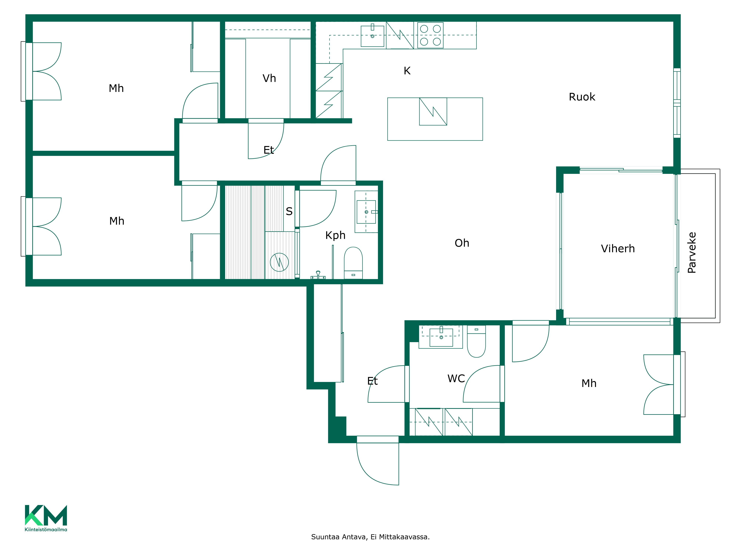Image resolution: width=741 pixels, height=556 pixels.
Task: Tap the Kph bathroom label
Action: pos(335,235)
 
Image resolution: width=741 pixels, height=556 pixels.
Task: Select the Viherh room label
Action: pos(618,249)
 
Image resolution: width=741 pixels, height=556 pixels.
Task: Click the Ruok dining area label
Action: pos(582,97)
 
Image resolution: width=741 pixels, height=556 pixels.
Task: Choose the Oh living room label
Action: pos(462,243)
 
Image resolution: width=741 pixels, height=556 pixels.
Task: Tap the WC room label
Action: pos(456,379)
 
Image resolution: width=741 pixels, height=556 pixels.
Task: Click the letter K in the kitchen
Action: pos(407,71)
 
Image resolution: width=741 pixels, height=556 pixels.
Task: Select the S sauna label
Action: pos(289,211)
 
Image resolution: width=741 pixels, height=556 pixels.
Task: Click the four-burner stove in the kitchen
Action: pos(431,35)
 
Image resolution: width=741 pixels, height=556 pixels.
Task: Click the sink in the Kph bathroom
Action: pos(366,212)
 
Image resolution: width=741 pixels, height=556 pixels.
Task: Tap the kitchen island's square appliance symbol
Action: pos(433,112)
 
